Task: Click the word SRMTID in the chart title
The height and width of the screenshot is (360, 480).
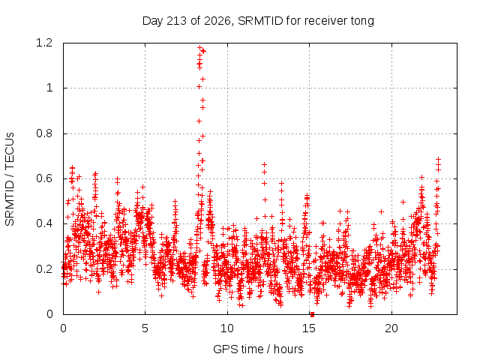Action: click(x=260, y=21)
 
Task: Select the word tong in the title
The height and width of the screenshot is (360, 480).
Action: click(x=362, y=22)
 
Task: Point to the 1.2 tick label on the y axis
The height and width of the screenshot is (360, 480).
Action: click(x=44, y=43)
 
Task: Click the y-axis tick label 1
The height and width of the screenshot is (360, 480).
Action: click(x=49, y=88)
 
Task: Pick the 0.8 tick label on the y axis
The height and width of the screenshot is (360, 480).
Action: click(x=44, y=133)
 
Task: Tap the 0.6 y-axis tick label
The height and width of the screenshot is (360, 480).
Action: click(x=44, y=178)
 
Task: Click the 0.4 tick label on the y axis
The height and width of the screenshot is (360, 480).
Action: click(x=44, y=223)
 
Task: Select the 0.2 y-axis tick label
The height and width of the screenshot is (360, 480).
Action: click(x=44, y=269)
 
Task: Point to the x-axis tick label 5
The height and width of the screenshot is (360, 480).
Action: click(x=145, y=328)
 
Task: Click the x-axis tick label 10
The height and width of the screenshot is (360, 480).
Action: click(x=227, y=328)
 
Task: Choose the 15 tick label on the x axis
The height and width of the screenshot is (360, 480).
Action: click(x=309, y=328)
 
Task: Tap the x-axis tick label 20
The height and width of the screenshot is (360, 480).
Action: click(x=391, y=328)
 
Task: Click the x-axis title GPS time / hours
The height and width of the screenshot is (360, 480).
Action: click(x=258, y=349)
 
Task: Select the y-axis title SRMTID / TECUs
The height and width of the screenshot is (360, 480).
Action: click(x=10, y=179)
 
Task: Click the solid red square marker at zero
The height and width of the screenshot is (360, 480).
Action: click(x=312, y=314)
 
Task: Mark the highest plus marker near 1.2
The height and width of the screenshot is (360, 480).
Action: click(x=200, y=48)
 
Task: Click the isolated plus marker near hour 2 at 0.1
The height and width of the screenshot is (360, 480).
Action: click(x=98, y=292)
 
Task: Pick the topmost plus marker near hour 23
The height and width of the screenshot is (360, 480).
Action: click(x=438, y=159)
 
